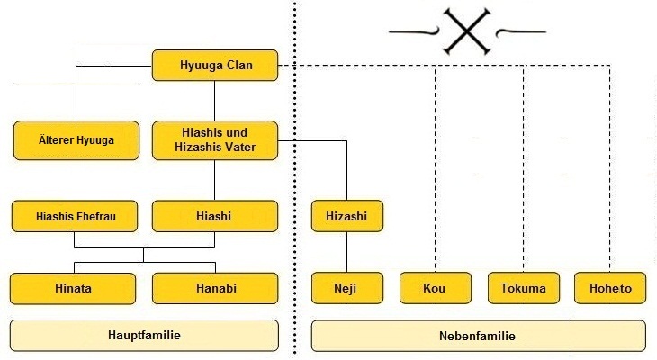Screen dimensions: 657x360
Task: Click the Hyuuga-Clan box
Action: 214,66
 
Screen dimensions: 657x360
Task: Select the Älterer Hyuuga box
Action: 76,140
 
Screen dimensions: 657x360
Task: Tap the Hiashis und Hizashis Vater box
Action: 214,140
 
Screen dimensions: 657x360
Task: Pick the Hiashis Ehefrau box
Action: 75,216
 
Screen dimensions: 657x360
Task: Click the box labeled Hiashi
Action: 214,216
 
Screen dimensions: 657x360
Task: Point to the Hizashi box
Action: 346,216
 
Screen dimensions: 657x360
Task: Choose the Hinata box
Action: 73,288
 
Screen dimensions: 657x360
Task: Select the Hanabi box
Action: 214,288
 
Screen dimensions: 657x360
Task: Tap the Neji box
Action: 346,288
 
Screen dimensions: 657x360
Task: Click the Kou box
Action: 436,288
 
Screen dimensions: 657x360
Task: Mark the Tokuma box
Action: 523,288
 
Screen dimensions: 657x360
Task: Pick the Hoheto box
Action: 610,288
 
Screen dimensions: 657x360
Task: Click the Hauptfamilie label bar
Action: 144,336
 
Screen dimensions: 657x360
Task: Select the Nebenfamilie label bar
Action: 478,336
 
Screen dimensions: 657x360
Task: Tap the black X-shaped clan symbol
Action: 467,31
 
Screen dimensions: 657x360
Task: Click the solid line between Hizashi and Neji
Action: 346,252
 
